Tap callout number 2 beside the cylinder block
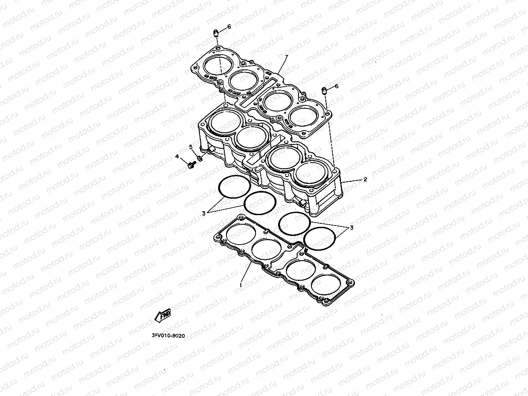coord(365,179)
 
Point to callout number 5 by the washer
coord(190,147)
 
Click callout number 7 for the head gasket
coord(286,57)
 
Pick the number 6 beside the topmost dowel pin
coord(229,26)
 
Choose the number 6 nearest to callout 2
coord(336,86)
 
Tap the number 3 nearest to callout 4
coord(203,213)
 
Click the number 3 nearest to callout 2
coord(352,227)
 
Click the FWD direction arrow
coord(163,316)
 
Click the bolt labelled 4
coord(190,165)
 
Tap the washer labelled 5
coord(199,158)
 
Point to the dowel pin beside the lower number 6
coord(324,91)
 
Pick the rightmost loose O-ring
coord(320,239)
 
